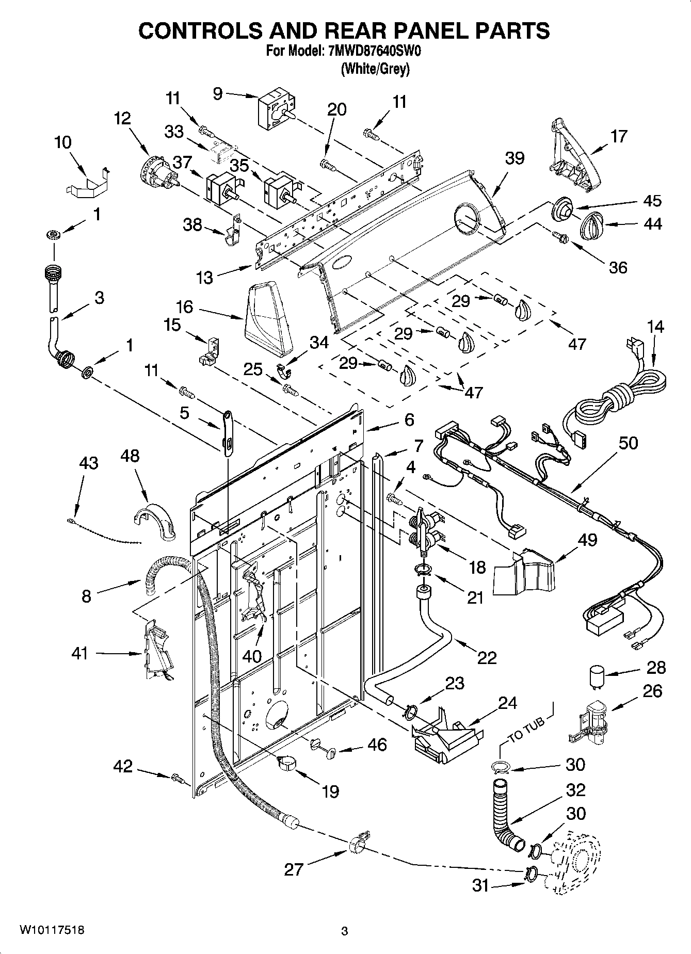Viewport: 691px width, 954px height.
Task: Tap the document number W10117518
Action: pos(52,930)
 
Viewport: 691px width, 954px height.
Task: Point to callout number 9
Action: pos(217,93)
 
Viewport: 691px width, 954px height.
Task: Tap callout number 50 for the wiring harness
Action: pos(628,443)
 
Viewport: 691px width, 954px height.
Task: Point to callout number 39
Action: pos(515,158)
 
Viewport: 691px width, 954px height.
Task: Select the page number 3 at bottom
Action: pos(344,931)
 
